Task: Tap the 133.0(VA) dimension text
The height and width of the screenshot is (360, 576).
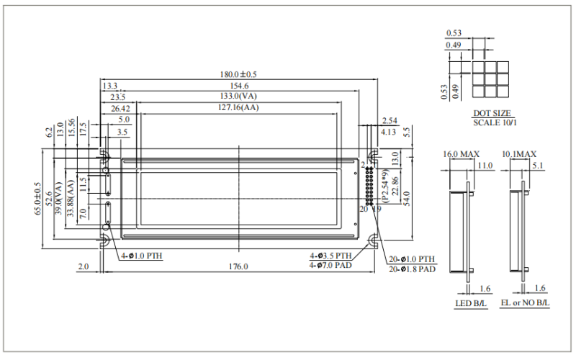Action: point(238,96)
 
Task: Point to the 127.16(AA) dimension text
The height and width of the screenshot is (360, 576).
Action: point(238,108)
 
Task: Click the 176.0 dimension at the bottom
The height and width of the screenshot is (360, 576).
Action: point(238,266)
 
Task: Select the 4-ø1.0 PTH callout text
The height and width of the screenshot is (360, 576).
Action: point(141,256)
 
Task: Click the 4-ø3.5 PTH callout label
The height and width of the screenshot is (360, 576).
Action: point(330,256)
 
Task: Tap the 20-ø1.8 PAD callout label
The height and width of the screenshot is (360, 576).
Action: point(412,269)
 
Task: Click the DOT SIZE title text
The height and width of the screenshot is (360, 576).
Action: point(492,114)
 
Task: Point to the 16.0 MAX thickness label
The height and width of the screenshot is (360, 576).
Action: point(461,154)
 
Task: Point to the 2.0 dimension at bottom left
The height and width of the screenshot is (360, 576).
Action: point(83,266)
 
